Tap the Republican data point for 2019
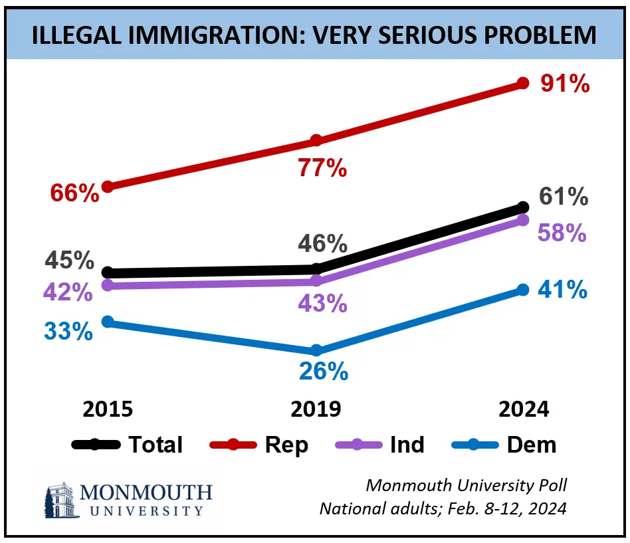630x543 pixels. click(x=316, y=140)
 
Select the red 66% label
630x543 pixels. click(x=74, y=193)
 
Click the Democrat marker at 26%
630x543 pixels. click(x=316, y=350)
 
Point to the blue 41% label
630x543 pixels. click(x=564, y=290)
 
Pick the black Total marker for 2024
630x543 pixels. click(x=522, y=208)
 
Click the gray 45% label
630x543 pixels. click(x=69, y=261)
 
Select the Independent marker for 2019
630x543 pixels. click(x=316, y=281)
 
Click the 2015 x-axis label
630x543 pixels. click(x=108, y=409)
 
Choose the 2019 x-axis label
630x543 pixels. click(x=316, y=409)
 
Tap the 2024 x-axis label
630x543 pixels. click(x=524, y=409)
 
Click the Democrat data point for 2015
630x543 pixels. click(x=108, y=322)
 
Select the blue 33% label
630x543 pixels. click(x=68, y=330)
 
